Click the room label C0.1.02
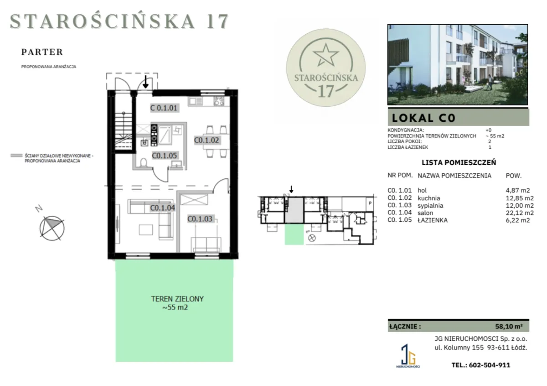click(206, 141)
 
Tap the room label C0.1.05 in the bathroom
click(165, 156)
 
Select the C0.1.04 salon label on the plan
click(162, 208)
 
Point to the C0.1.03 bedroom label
click(200, 219)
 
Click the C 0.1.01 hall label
click(164, 108)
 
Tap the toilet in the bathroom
click(143, 162)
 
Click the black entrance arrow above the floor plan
click(146, 82)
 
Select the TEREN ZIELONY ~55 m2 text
click(177, 303)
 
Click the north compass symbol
click(52, 228)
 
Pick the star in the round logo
click(326, 55)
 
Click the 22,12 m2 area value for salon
click(520, 213)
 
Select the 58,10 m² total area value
click(509, 326)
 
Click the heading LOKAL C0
click(423, 118)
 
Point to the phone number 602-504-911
click(490, 365)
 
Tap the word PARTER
click(42, 52)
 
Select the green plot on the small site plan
click(294, 234)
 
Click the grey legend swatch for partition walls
click(16, 156)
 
